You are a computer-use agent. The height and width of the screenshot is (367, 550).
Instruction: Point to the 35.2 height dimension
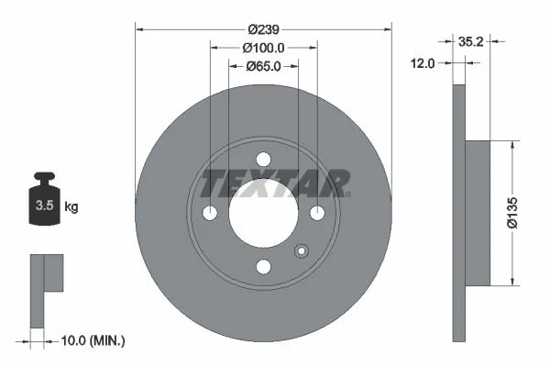(x=470, y=40)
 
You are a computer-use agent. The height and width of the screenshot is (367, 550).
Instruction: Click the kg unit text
(x=71, y=207)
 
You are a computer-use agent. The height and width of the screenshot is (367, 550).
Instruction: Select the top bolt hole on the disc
(x=264, y=158)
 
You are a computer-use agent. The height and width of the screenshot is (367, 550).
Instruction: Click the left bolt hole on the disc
(x=210, y=213)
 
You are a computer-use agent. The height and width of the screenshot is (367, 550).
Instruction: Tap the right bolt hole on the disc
(x=318, y=213)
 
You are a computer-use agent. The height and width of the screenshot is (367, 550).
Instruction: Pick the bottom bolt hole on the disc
(x=264, y=267)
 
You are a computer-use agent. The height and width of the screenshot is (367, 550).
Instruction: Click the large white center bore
(x=264, y=213)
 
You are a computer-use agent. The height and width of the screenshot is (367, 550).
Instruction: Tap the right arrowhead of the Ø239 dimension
(x=389, y=28)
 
